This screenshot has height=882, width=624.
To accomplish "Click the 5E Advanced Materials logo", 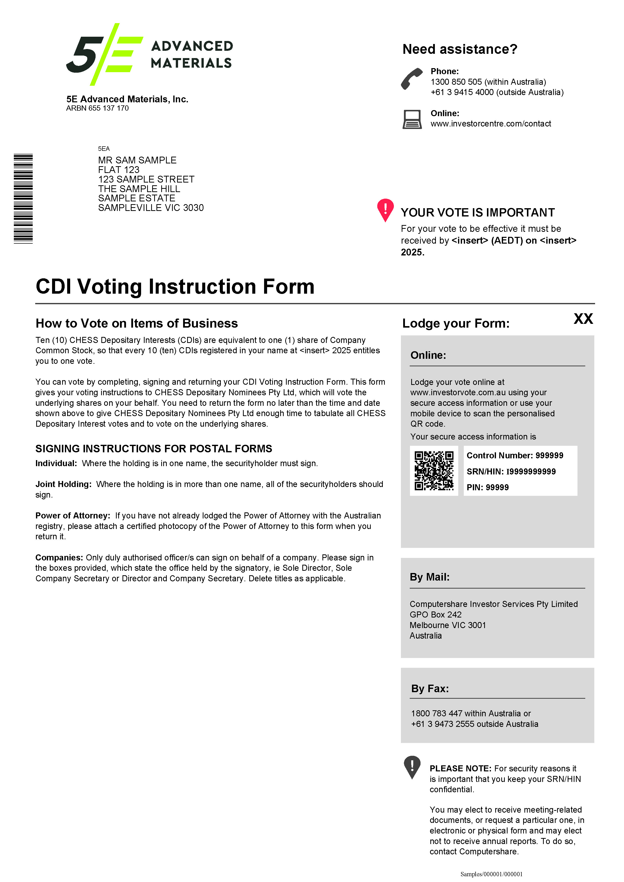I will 149,54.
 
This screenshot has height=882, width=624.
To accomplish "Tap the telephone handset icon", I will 411,78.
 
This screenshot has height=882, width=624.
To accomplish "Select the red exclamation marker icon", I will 385,209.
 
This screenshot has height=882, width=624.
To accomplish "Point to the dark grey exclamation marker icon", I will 412,766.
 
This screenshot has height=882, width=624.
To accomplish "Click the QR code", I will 434,471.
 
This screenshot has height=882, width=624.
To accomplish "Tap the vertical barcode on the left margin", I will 23,199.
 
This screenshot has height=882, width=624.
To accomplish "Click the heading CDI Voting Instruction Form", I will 175,287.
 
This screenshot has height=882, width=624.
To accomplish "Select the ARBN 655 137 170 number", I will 97,108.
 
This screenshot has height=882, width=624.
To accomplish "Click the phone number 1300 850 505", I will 456,82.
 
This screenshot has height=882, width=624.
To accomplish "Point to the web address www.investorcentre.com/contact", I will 491,124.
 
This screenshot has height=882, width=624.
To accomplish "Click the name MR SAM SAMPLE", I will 137,160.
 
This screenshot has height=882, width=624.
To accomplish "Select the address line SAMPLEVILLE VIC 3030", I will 151,208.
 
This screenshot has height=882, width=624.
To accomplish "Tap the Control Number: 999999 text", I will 515,456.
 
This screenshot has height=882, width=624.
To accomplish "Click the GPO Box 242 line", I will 435,615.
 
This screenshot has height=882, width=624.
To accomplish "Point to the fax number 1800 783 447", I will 436,713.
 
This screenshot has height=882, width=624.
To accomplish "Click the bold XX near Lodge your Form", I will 583,319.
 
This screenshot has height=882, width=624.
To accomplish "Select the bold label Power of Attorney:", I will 73,515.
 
